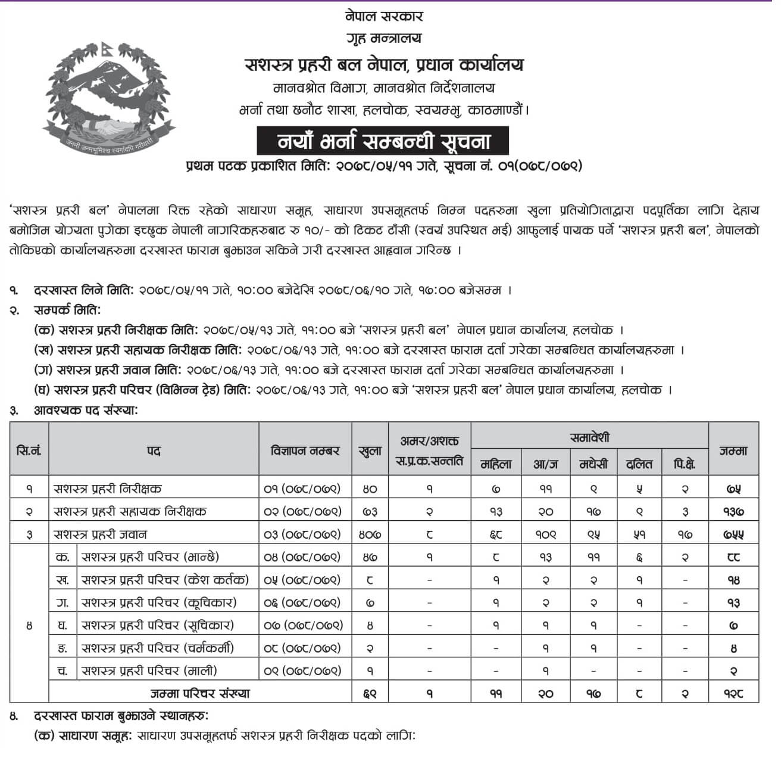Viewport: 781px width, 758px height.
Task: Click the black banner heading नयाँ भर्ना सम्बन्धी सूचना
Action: (x=384, y=142)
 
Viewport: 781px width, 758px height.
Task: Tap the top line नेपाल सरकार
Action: (x=384, y=16)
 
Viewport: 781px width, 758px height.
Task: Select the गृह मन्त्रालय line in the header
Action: (x=384, y=38)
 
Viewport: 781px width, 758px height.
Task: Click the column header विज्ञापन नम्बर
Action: (x=305, y=451)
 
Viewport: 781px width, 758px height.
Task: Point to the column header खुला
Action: (x=370, y=451)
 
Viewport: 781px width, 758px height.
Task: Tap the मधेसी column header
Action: (x=593, y=464)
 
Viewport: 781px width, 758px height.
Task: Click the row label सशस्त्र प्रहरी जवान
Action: (x=100, y=534)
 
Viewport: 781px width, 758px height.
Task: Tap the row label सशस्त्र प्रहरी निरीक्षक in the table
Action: (x=107, y=489)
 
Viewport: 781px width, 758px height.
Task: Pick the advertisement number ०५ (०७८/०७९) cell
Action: (x=302, y=579)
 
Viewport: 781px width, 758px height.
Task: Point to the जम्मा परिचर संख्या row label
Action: (x=200, y=693)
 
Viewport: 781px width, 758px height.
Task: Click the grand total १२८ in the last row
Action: (x=733, y=693)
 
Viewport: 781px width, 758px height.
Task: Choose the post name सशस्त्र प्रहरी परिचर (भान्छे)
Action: (x=150, y=557)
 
